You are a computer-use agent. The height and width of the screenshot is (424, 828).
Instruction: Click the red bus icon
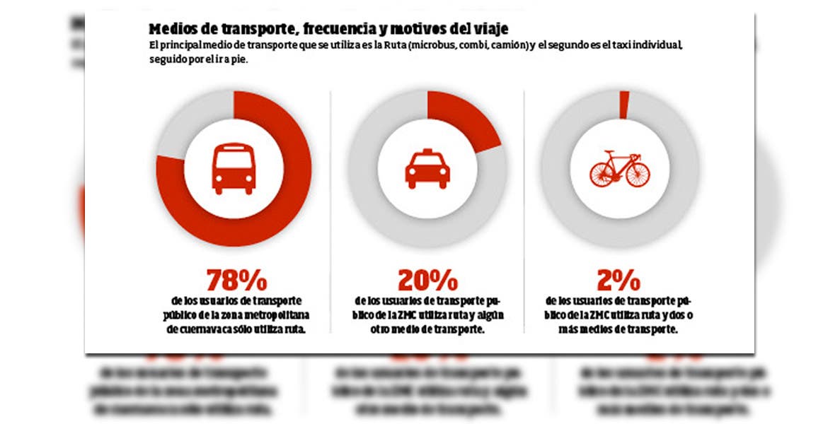(x=233, y=169)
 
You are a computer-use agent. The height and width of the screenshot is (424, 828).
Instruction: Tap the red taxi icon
(x=427, y=170)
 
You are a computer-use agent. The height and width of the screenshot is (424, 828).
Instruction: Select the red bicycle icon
(x=619, y=170)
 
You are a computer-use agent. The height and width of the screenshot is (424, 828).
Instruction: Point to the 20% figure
(x=427, y=281)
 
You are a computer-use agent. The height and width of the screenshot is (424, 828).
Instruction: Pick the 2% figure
(x=619, y=281)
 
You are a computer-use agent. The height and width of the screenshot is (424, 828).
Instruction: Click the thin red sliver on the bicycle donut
(x=623, y=105)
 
